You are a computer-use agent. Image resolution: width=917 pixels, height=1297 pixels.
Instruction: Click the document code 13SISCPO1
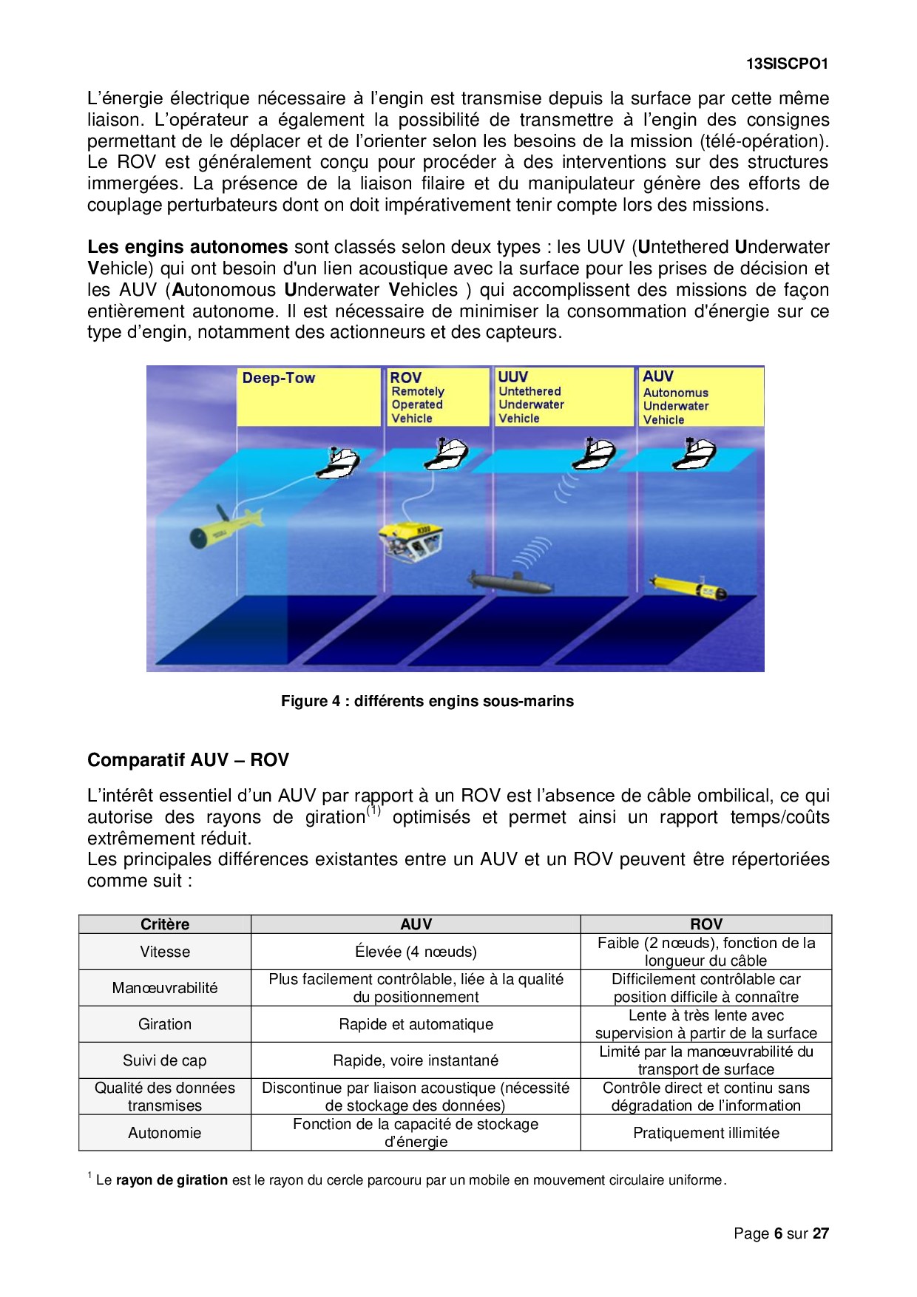pos(787,64)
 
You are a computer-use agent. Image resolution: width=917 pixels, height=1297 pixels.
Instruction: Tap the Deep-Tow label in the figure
pos(279,378)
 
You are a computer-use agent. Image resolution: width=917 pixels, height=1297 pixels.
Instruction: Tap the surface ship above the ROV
pos(446,453)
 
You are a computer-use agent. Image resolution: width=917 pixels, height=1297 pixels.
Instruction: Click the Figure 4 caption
pos(427,701)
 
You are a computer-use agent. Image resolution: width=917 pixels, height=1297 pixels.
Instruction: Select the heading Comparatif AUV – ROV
pos(188,760)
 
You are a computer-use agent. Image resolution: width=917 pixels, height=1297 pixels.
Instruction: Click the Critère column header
pos(165,924)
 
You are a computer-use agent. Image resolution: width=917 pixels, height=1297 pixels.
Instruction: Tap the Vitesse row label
pos(165,952)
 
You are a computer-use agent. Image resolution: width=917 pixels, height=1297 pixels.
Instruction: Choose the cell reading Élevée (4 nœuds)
pos(416,952)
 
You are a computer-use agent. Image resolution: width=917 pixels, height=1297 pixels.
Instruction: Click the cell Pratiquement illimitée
pos(706,1133)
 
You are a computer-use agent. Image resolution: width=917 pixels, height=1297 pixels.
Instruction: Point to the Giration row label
pos(165,1024)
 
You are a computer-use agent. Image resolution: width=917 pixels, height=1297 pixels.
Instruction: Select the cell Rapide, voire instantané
pos(416,1060)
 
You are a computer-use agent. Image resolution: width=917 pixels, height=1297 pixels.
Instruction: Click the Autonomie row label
pos(165,1133)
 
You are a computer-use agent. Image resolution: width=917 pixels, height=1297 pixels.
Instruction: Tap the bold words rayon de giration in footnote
pos(172,1180)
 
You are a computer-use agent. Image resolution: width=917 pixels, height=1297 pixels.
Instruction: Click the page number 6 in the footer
pos(778,1233)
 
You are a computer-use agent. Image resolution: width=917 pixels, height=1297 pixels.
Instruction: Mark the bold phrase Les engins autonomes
pos(188,247)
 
